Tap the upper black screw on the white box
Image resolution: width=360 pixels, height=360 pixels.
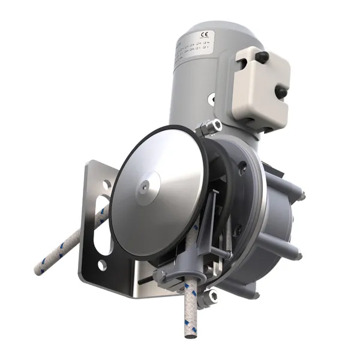click(x=262, y=56)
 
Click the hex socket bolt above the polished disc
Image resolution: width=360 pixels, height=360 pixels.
click(x=211, y=127)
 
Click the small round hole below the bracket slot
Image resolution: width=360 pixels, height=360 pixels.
click(x=103, y=265)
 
